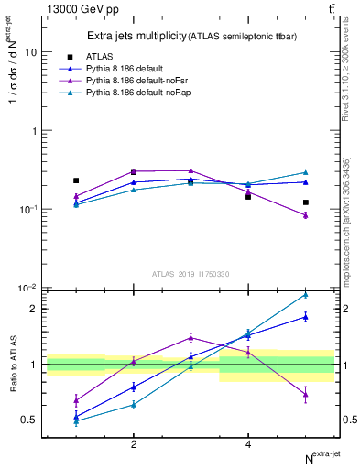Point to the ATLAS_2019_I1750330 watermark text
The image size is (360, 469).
190,274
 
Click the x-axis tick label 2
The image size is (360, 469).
134,444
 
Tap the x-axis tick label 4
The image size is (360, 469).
248,444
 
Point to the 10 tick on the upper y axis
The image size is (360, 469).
30,52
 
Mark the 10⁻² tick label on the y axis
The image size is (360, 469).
27,288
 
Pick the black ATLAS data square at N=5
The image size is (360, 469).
306,202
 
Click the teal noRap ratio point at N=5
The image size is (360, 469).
306,295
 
